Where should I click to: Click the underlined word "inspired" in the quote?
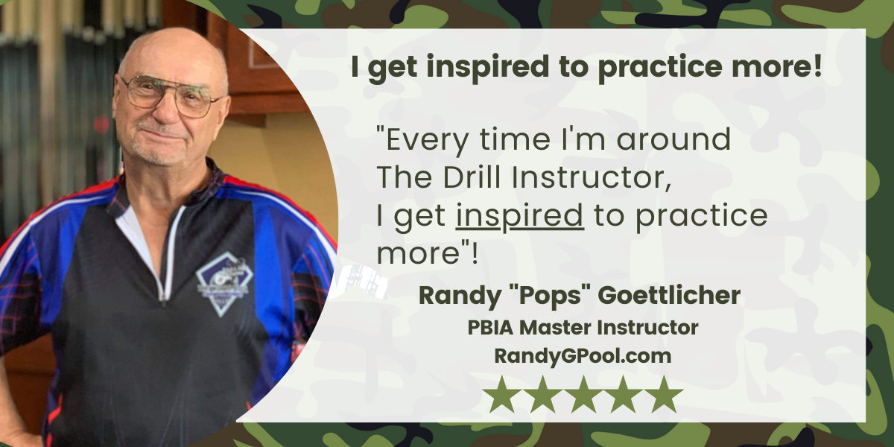[520, 215]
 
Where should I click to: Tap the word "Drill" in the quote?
[472, 177]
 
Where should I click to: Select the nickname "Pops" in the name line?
[549, 297]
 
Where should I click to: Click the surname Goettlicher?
[669, 295]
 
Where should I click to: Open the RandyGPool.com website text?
[583, 356]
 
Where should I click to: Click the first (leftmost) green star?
[502, 395]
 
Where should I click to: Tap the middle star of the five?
[583, 395]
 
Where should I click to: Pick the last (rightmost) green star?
[664, 395]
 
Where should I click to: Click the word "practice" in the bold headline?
[660, 67]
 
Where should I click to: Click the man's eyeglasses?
[171, 95]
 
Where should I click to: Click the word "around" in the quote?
[673, 140]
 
